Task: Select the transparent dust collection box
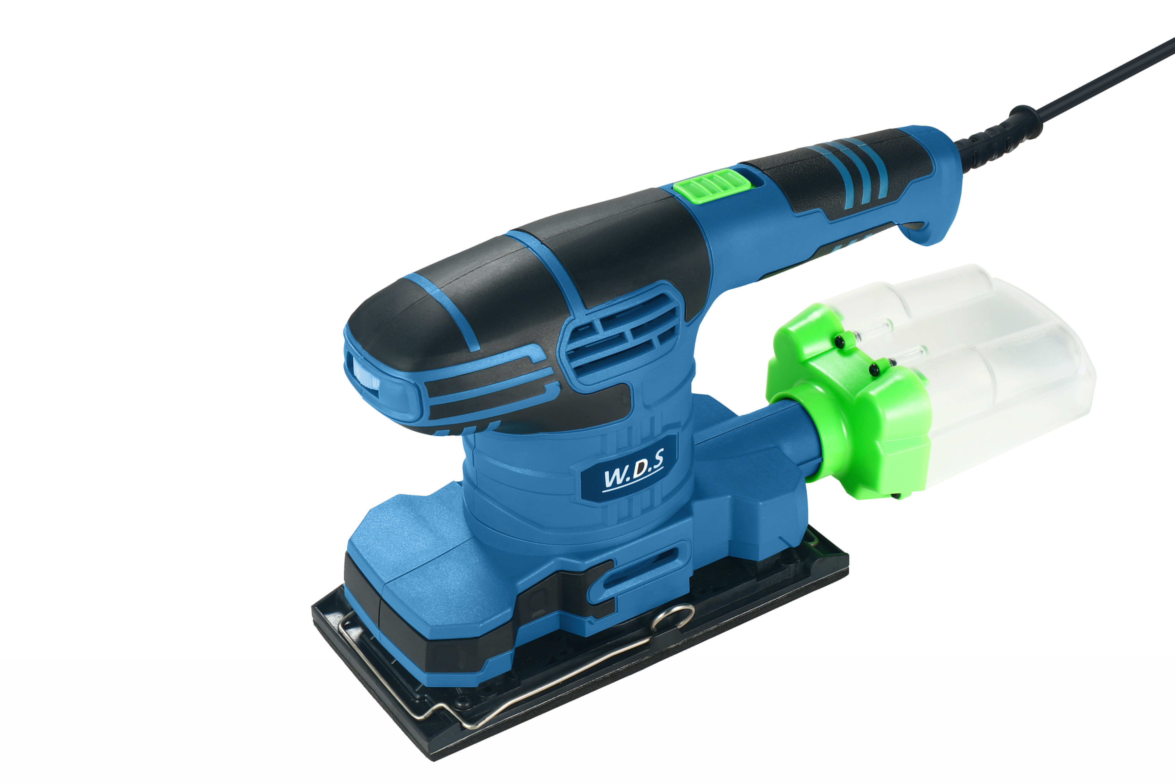tap(969, 370)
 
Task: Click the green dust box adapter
tap(849, 404)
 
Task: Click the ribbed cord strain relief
tap(997, 137)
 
